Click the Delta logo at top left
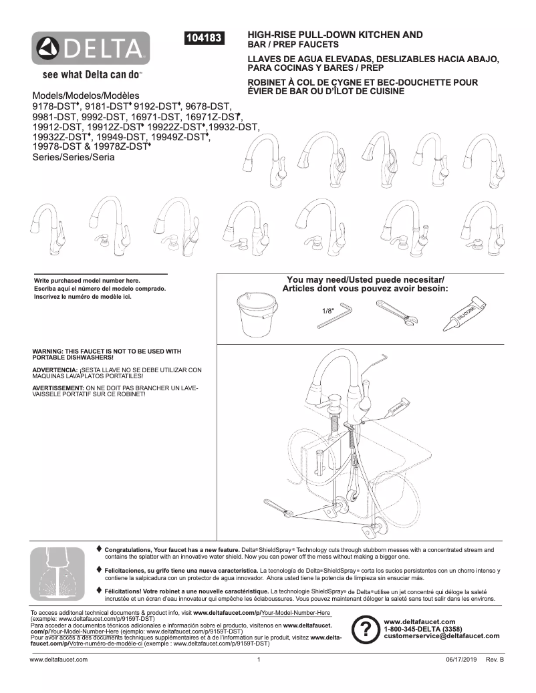92,49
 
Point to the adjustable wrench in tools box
396,311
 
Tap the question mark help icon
366,630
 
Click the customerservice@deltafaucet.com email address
442,636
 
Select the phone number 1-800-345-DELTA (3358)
422,629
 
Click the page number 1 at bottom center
258,660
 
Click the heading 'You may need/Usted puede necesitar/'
365,279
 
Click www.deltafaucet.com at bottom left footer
59,660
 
